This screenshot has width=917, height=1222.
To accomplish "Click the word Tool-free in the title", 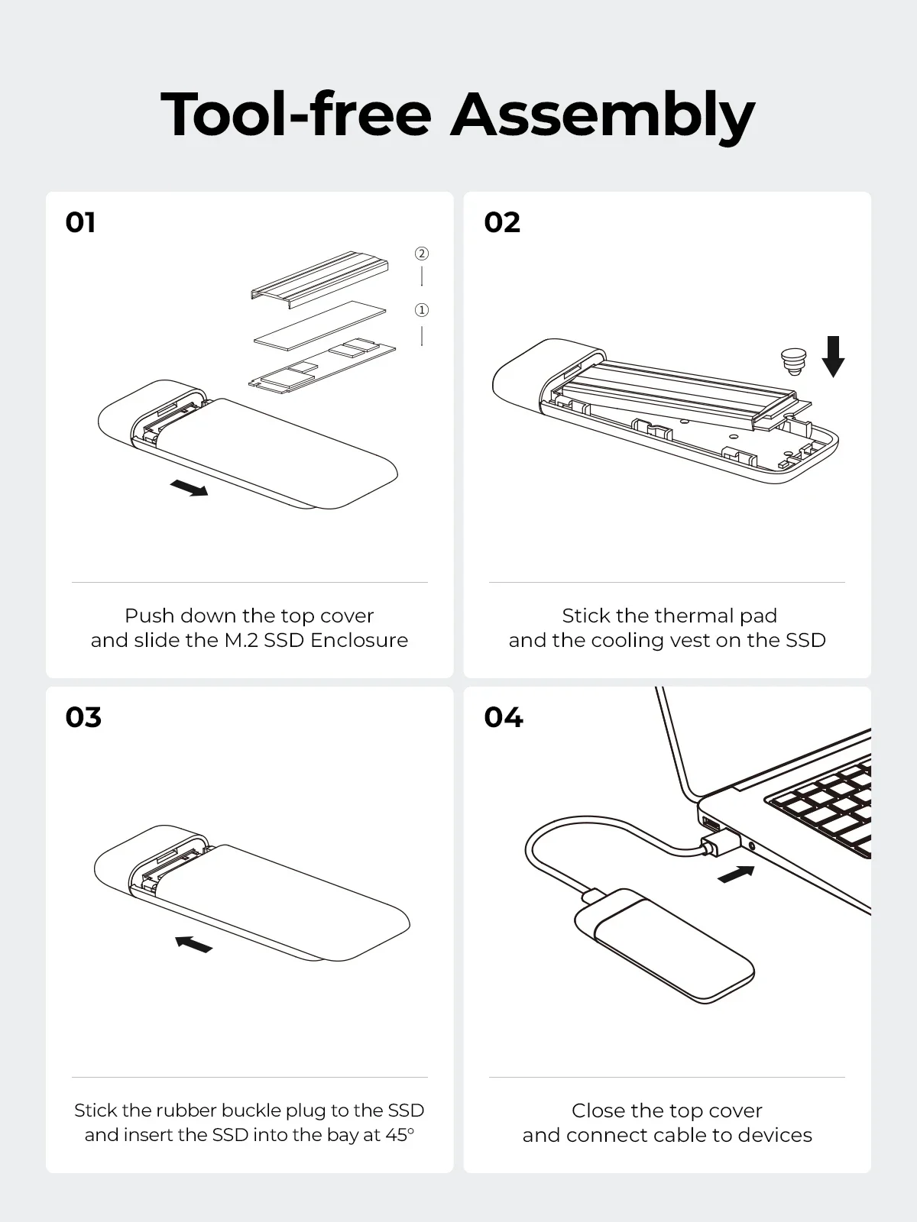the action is [x=296, y=115].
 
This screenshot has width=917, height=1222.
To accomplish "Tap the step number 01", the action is [x=81, y=222].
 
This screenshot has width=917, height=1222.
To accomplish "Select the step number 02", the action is [x=502, y=222].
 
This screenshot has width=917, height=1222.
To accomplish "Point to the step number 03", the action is [x=83, y=717].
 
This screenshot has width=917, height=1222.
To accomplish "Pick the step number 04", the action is [x=504, y=717].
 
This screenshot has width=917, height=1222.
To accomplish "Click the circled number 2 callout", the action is [x=422, y=254].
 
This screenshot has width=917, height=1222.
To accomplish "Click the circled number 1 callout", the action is [x=422, y=310].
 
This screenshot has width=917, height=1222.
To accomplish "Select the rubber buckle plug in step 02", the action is [x=792, y=360].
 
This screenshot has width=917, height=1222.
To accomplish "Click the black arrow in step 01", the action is [x=189, y=487].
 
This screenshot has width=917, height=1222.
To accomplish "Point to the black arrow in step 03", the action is [x=193, y=945].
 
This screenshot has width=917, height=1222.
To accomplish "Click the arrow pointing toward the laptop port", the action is [x=737, y=874].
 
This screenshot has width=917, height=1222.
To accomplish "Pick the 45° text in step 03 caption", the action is [x=400, y=1135].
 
